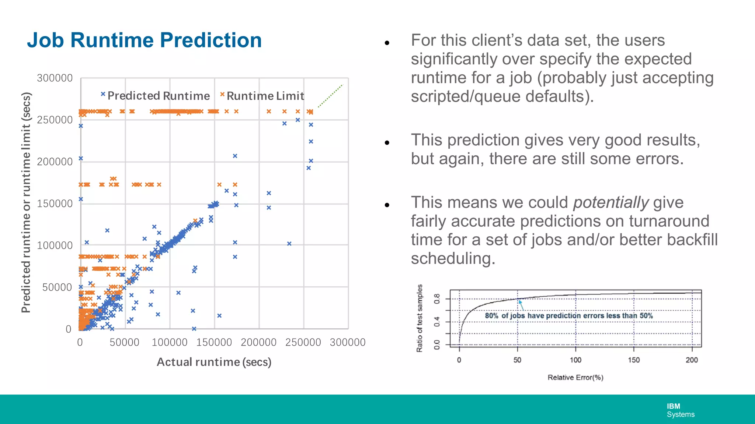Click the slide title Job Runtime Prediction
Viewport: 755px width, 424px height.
pyautogui.click(x=144, y=40)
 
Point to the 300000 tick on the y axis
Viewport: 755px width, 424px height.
pyautogui.click(x=55, y=78)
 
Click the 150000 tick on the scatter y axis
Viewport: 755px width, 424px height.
pyautogui.click(x=55, y=204)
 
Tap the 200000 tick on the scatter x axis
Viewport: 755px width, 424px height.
pyautogui.click(x=258, y=342)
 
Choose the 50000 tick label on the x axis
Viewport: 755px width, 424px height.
pyautogui.click(x=124, y=342)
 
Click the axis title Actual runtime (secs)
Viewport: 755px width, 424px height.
pyautogui.click(x=214, y=362)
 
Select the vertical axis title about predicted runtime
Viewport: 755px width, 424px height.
pyautogui.click(x=26, y=202)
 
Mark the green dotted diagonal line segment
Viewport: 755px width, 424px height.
pyautogui.click(x=331, y=96)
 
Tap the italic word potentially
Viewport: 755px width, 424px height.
pyautogui.click(x=610, y=202)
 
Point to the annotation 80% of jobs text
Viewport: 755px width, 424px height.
pyautogui.click(x=568, y=316)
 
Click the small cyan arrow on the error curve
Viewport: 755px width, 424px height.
pyautogui.click(x=521, y=305)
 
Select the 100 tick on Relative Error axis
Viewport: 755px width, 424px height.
pyautogui.click(x=575, y=360)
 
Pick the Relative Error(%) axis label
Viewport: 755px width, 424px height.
pyautogui.click(x=575, y=377)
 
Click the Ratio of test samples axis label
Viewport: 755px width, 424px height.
pyautogui.click(x=420, y=318)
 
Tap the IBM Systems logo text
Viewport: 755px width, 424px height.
pyautogui.click(x=680, y=410)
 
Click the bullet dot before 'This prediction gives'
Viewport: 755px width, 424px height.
pyautogui.click(x=387, y=143)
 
